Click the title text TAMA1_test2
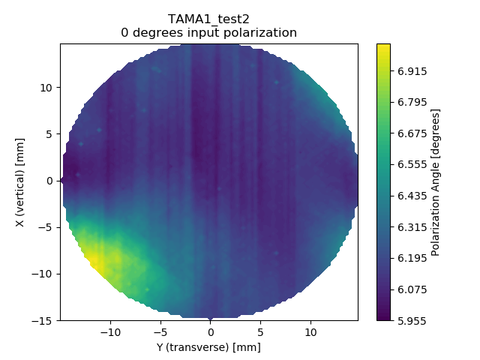click(x=208, y=19)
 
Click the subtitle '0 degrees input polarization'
click(x=208, y=33)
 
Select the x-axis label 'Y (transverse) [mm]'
click(x=208, y=347)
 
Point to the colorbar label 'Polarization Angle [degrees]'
click(x=436, y=182)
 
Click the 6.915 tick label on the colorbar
click(x=413, y=71)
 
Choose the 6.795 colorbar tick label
click(x=413, y=102)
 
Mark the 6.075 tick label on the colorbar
click(x=413, y=289)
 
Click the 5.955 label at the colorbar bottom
click(x=413, y=319)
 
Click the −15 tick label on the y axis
click(x=44, y=320)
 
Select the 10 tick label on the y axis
click(x=47, y=88)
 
